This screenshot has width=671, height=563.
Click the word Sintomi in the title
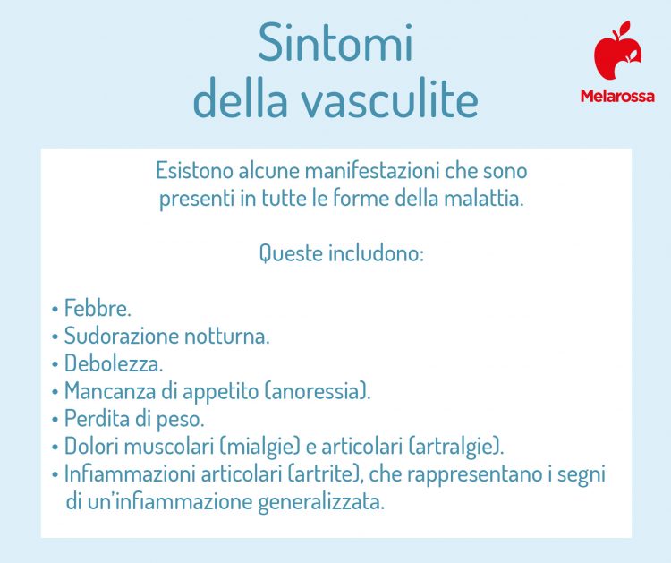click(x=335, y=45)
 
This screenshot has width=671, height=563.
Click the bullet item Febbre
click(x=97, y=309)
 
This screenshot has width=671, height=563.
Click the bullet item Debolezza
click(x=113, y=364)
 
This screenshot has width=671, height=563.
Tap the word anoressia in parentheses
click(x=319, y=392)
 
